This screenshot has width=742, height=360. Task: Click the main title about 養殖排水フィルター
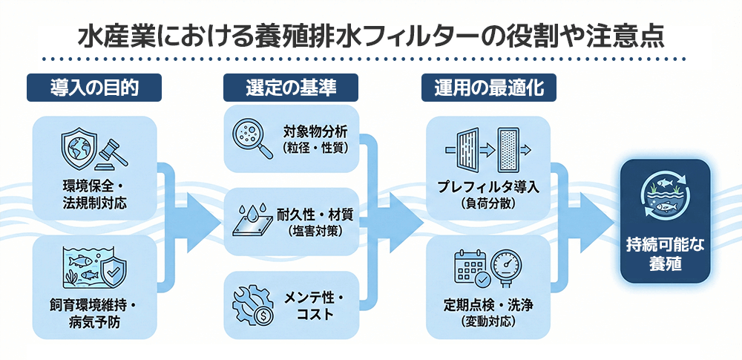point(370,36)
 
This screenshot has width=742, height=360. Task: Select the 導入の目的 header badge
point(93,88)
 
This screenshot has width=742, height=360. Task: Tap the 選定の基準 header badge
point(291,88)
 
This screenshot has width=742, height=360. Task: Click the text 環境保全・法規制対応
point(94,194)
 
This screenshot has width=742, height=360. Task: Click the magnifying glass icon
point(248,137)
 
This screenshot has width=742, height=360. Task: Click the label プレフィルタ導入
point(488,186)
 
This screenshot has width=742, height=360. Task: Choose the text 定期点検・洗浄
point(487,306)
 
